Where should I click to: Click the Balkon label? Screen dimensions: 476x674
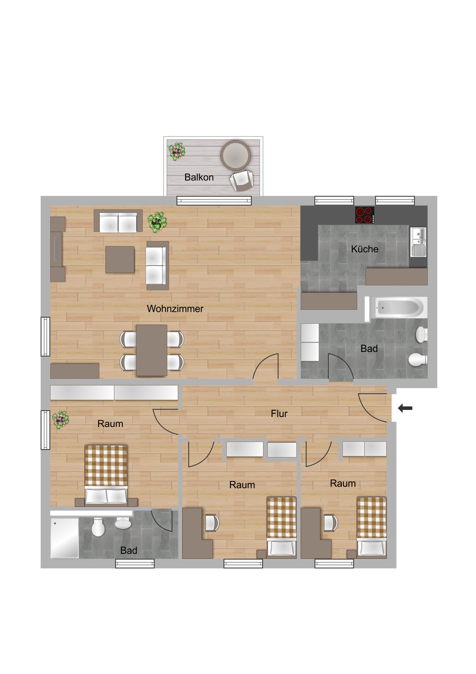(199, 177)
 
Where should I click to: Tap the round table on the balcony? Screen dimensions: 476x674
(235, 155)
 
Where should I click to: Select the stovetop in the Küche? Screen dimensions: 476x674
(364, 215)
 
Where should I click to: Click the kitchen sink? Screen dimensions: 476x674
(418, 242)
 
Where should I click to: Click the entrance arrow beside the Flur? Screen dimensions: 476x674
(405, 408)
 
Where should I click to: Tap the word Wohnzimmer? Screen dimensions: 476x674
(175, 309)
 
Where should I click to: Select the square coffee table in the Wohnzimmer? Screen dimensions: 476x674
(120, 260)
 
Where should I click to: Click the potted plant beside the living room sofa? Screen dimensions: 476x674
(157, 222)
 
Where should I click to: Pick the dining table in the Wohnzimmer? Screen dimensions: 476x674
(151, 350)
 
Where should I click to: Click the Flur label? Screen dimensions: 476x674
(279, 413)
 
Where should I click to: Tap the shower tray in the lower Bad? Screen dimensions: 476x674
(64, 538)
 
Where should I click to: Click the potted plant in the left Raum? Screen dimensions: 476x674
(60, 420)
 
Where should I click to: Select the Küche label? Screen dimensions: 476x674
(364, 249)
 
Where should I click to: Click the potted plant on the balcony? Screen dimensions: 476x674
(177, 152)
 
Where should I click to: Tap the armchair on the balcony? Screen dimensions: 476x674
(242, 181)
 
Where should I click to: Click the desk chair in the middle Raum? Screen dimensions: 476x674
(212, 523)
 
